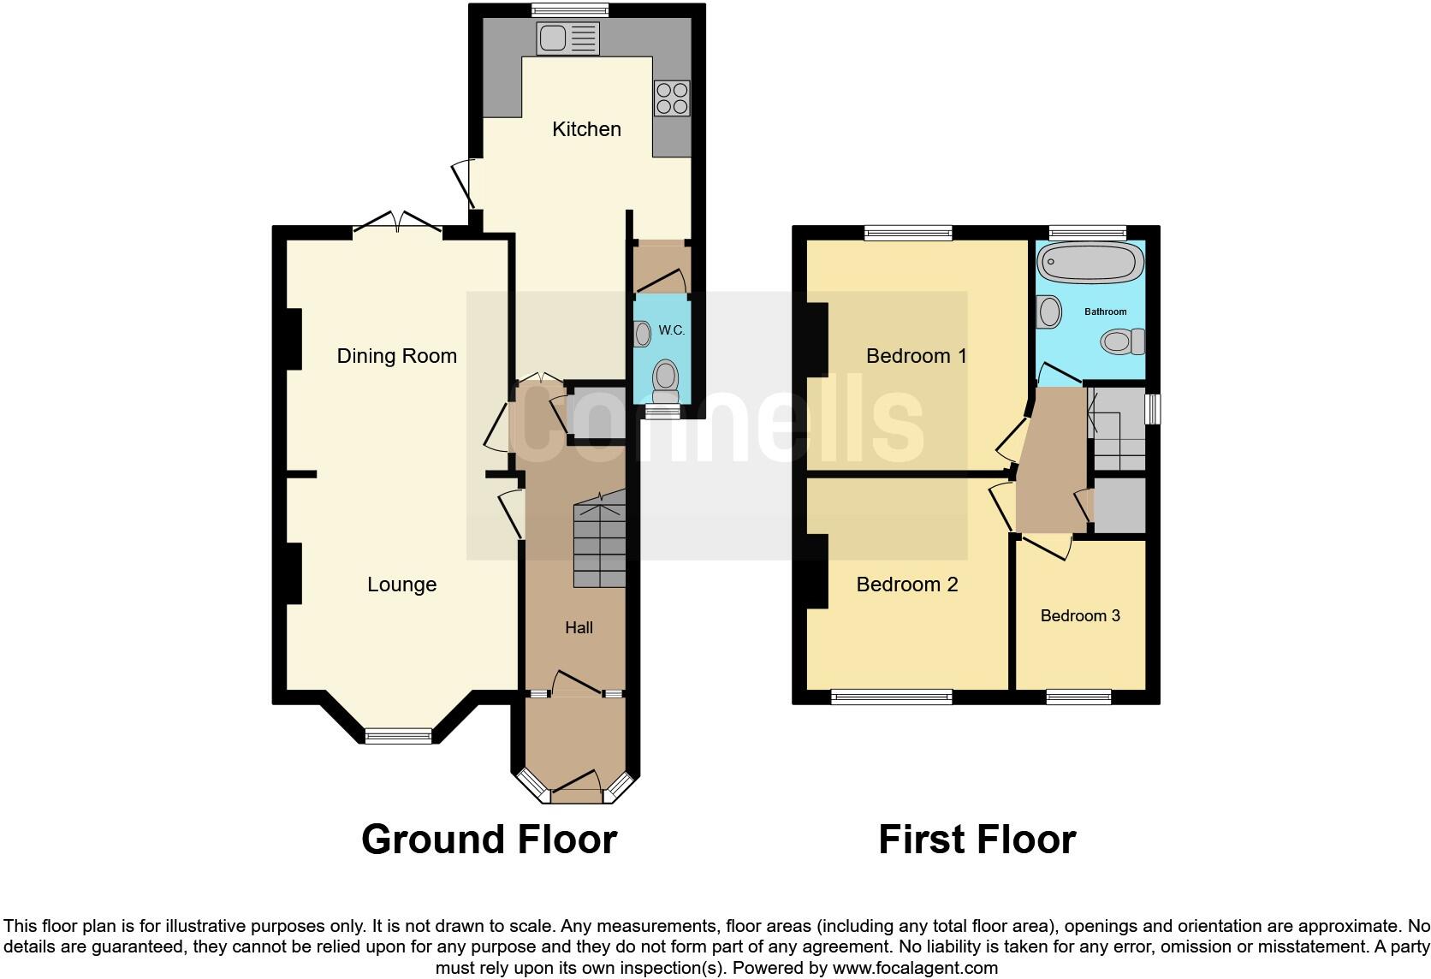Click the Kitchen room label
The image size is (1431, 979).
[586, 129]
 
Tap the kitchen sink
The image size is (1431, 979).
[567, 39]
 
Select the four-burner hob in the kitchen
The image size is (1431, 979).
[671, 98]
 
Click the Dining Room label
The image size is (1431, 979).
[396, 356]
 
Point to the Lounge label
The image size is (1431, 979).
[401, 584]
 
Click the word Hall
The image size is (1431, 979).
[579, 628]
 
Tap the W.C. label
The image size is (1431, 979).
[672, 330]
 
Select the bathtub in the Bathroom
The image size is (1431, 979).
[1090, 261]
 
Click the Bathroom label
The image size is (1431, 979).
[1105, 311]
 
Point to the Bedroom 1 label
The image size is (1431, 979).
[917, 356]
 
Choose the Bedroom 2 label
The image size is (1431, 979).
[907, 584]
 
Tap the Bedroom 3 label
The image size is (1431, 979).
[1080, 616]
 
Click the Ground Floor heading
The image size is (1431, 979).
[489, 840]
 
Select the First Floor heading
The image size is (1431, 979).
[977, 840]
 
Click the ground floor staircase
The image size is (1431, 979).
[599, 544]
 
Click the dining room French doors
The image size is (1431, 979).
[398, 222]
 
